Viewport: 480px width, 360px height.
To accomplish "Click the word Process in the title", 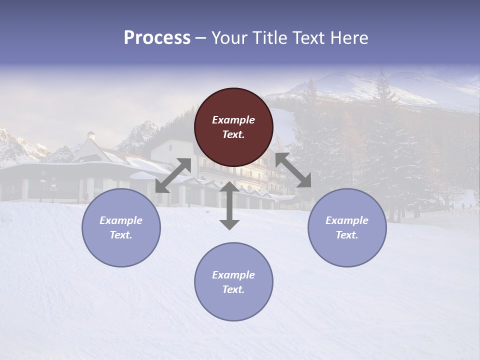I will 157,38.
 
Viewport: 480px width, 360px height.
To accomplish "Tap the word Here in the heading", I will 349,38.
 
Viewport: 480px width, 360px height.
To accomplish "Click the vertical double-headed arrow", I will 229,206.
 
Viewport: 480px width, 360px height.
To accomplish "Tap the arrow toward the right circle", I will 293,170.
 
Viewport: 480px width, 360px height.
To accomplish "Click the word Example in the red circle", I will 233,120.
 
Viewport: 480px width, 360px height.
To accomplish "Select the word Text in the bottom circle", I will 233,289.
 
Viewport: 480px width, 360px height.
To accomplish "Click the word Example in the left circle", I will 121,220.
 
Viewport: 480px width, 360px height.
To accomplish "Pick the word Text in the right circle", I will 346,235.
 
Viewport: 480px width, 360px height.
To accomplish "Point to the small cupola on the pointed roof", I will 91,135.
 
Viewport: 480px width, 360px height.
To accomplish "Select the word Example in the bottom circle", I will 233,275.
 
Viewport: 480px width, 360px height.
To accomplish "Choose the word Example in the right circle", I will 347,220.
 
